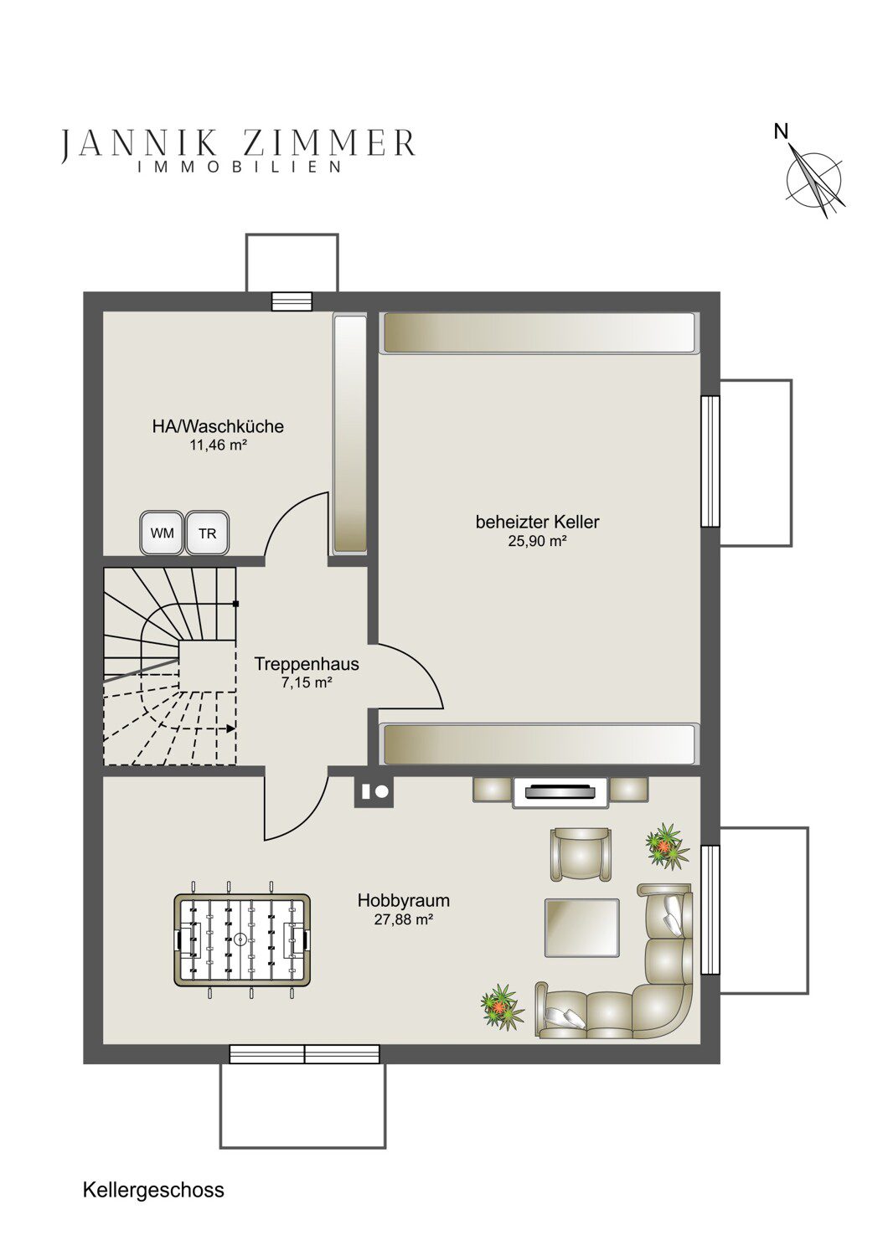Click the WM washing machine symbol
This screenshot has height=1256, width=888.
163,533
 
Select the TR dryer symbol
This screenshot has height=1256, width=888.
208,533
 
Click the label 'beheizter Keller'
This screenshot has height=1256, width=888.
537,522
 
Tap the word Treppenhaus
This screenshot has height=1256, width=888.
307,665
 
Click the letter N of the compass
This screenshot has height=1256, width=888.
781,132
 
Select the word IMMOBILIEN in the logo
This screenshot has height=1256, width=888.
240,167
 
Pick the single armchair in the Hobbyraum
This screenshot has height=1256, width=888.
581,855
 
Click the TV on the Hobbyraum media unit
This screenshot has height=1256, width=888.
560,792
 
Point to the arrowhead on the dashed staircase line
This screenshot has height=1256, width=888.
231,729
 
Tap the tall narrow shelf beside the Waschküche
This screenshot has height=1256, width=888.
350,434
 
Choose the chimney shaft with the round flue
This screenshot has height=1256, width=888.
374,791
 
